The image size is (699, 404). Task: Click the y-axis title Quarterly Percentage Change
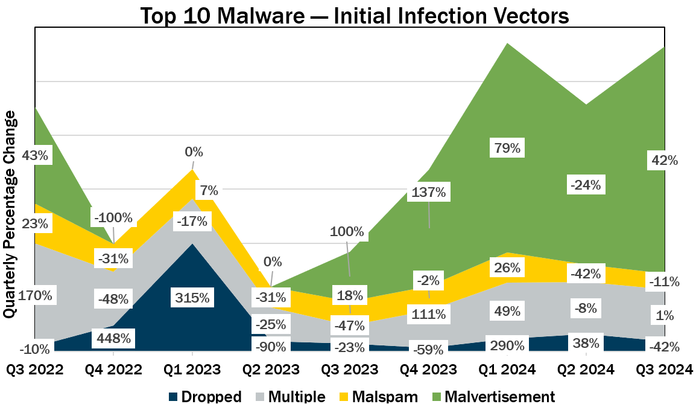9,215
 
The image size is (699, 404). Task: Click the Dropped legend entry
205,396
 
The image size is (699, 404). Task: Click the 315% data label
192,297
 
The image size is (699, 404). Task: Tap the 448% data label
113,338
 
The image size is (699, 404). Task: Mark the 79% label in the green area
507,148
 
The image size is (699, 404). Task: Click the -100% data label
113,217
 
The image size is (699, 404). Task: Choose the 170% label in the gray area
35,296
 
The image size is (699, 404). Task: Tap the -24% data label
585,185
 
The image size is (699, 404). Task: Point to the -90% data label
271,347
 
